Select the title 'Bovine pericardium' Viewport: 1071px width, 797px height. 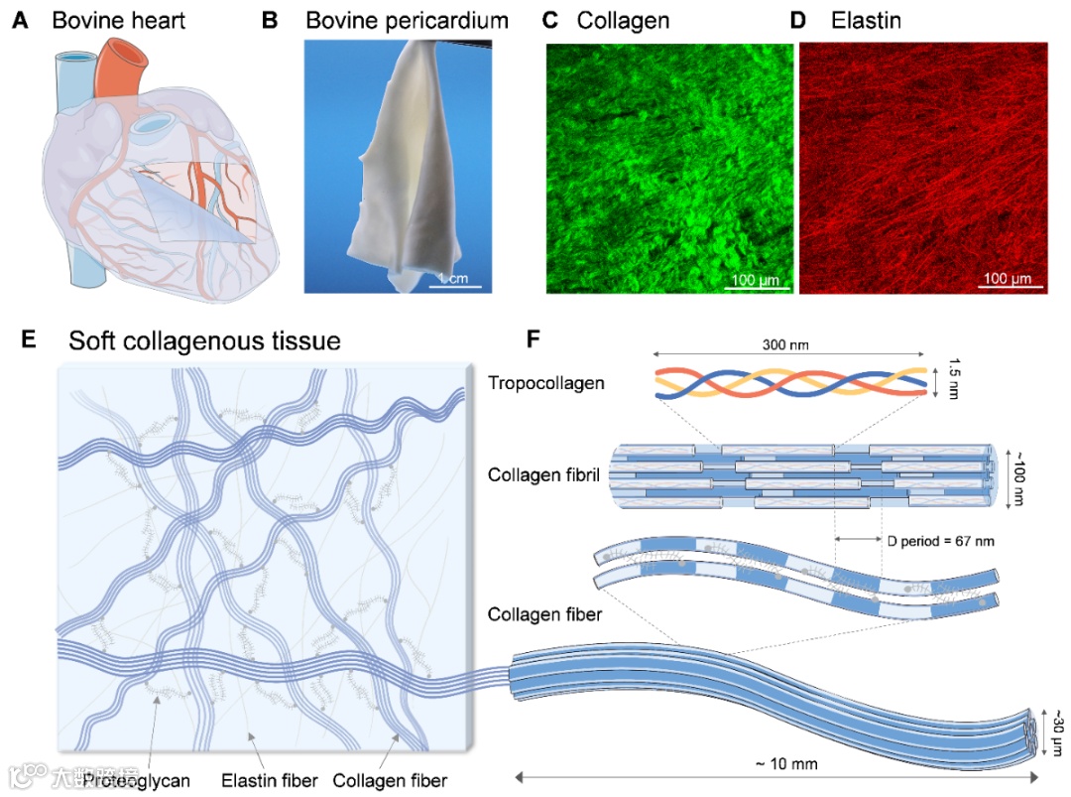[407, 20]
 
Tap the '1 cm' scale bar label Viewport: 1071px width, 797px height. [453, 278]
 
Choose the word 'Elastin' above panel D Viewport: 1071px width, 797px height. [866, 20]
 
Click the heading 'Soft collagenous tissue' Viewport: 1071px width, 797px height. [204, 341]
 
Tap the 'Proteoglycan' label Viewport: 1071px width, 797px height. [136, 780]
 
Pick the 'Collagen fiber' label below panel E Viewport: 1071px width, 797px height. [390, 780]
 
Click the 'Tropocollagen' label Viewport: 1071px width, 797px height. [546, 383]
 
